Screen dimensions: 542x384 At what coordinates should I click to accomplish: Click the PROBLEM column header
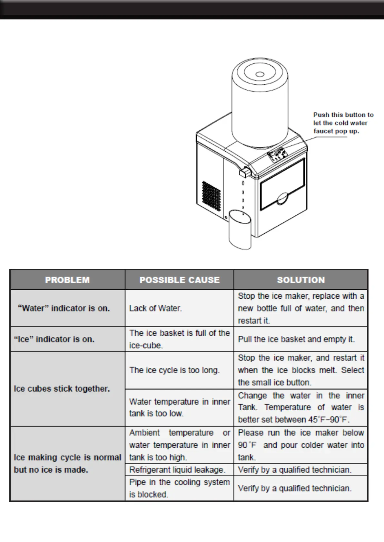point(67,280)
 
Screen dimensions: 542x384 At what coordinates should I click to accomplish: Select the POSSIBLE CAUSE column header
point(179,280)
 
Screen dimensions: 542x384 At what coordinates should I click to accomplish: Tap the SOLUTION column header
point(300,280)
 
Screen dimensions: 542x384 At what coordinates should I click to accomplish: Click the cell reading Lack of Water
point(156,308)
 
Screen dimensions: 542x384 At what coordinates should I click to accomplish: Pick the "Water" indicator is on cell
point(64,308)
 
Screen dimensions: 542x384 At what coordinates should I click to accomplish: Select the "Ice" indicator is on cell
point(54,339)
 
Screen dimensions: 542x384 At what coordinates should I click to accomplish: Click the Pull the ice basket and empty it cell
point(296,339)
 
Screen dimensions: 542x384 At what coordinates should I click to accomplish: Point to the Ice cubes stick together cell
point(62,389)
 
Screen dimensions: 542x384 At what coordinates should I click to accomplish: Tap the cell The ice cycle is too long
point(174,370)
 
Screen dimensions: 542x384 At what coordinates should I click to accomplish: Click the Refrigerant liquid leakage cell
point(177,470)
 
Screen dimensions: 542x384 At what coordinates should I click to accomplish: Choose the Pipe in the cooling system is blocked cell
point(179,488)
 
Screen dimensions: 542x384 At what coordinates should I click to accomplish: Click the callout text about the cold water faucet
point(343,123)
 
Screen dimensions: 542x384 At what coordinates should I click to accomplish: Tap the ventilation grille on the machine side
point(212,196)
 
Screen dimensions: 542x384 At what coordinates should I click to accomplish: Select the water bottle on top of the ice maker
point(260,103)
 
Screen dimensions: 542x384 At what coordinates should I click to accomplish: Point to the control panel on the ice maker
point(277,155)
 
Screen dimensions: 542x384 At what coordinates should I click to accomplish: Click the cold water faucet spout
point(245,173)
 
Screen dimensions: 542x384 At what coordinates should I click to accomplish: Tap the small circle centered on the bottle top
point(260,75)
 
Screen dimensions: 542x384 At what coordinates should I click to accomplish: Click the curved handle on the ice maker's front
point(283,199)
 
